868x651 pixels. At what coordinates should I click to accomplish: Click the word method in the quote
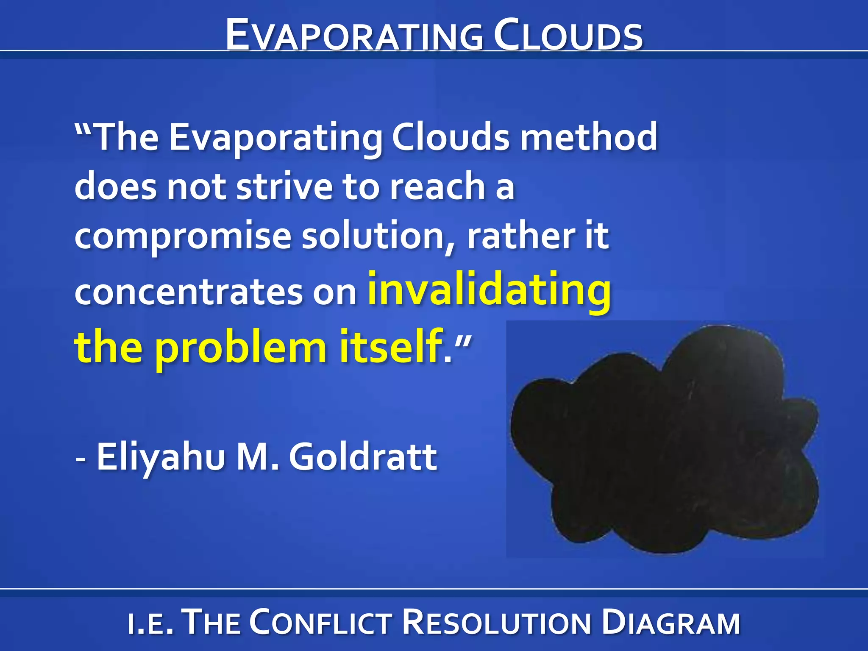[589, 136]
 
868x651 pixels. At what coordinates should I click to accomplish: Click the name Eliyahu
[161, 457]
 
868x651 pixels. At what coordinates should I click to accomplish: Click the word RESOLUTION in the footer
[496, 622]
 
